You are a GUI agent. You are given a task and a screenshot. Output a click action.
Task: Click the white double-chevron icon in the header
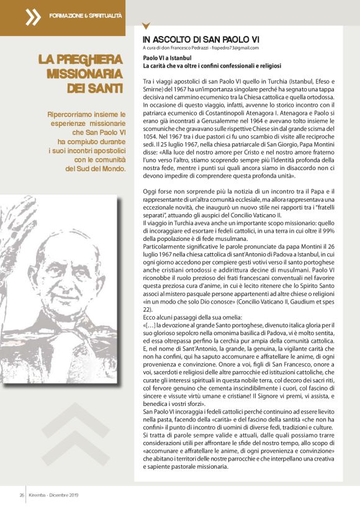tap(32, 17)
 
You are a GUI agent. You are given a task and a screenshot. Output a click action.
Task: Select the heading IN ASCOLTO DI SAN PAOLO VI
tap(191, 38)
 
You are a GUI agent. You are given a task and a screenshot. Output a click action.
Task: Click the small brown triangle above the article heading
tap(146, 27)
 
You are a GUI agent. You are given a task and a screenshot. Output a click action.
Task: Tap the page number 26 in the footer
tap(20, 494)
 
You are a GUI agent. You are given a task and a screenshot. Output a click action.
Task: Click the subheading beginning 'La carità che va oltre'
tap(212, 65)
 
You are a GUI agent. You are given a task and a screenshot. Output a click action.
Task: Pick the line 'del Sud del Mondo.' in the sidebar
tap(95, 168)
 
